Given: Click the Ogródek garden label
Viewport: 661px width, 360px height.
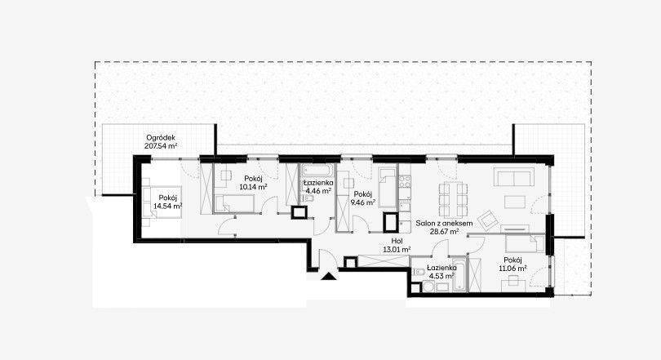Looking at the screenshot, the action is point(161,142).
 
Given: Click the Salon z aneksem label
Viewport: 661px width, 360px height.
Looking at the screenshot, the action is point(444,223).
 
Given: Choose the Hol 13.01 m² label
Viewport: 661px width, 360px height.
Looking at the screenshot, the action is point(397,246).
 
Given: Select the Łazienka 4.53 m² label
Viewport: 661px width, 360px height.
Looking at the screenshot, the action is point(441,272).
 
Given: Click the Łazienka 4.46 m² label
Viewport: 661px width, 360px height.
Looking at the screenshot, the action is point(319,187).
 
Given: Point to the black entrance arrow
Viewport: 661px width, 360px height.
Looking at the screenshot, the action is point(328,276).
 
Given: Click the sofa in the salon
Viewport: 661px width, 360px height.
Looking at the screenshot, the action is point(514,176).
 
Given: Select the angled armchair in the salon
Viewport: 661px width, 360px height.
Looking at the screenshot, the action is point(489,220).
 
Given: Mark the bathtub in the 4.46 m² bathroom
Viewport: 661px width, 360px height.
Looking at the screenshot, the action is point(317,171).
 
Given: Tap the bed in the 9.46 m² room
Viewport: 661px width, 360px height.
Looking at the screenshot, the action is point(388,188).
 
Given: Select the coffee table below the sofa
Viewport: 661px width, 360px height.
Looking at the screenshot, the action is point(514,202).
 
